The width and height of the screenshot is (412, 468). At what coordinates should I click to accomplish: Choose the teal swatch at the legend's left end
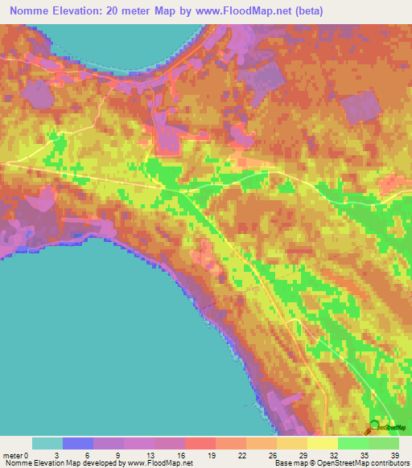click(x=47, y=443)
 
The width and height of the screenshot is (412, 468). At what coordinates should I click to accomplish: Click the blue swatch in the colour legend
click(x=78, y=443)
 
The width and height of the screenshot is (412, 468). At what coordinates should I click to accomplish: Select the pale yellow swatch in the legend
click(x=323, y=443)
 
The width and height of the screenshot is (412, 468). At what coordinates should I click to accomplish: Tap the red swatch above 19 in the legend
click(x=200, y=443)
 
